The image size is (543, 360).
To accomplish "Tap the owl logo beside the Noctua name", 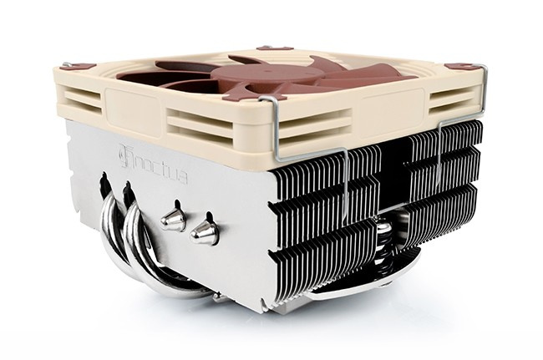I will (125, 157).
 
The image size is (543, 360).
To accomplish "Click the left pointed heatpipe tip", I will (173, 219).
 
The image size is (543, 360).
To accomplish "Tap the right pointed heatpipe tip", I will (203, 231).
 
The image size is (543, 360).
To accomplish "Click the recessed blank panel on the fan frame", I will (138, 111).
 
